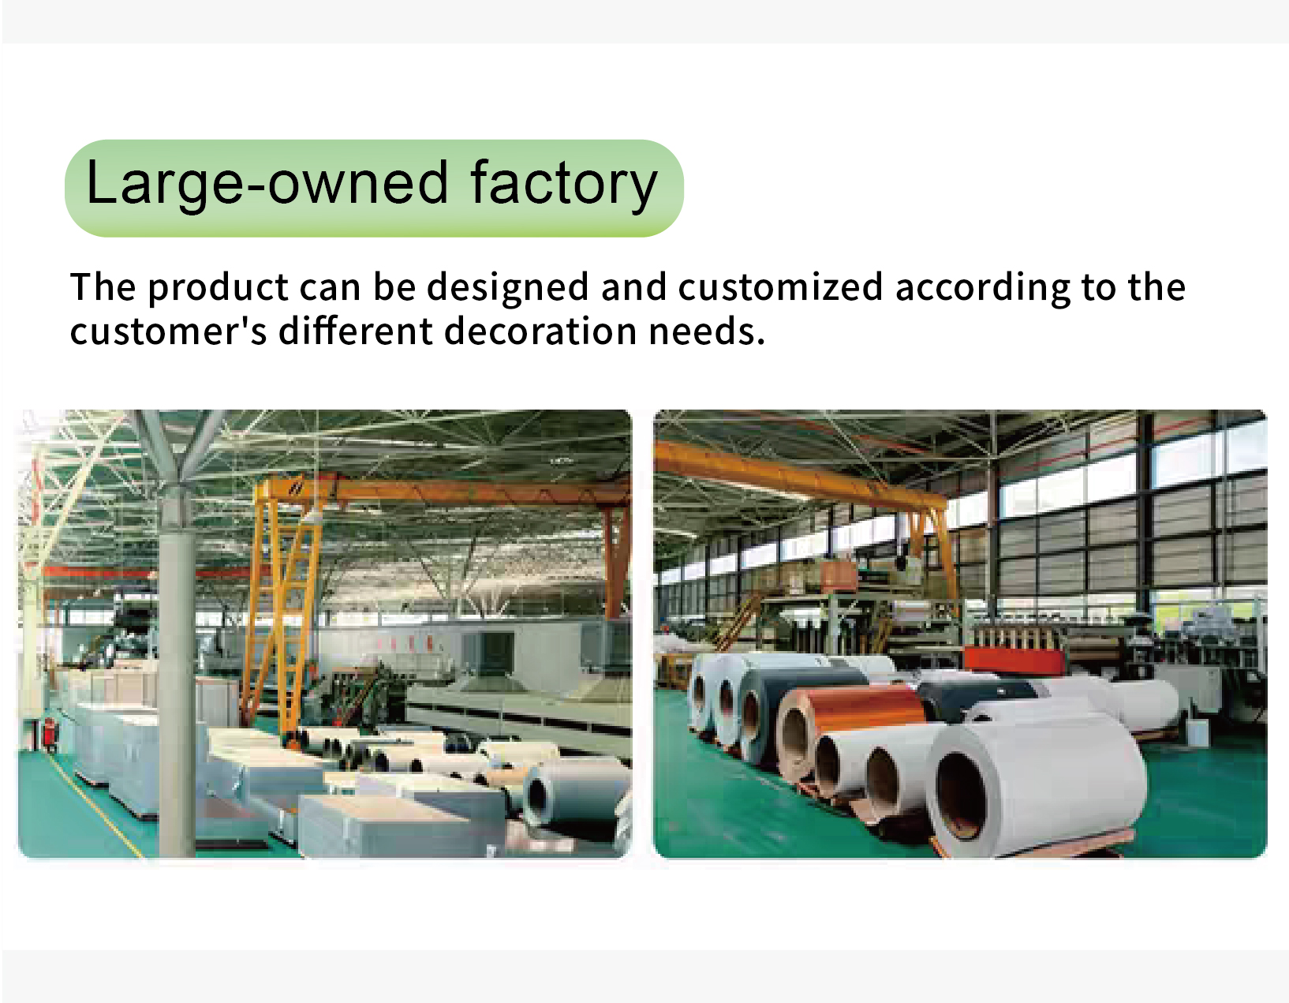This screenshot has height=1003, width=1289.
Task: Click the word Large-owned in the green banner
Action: [267, 185]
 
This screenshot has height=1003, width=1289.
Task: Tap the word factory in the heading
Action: [564, 185]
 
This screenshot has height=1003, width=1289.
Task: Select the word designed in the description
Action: [508, 289]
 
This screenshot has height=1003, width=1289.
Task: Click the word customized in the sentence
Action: [781, 287]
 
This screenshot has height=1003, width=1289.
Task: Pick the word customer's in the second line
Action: [169, 331]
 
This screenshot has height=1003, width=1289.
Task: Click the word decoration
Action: [540, 331]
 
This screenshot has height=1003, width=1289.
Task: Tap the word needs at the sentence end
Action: [707, 331]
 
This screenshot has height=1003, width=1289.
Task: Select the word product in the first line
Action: [219, 289]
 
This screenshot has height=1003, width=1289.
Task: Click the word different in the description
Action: [356, 331]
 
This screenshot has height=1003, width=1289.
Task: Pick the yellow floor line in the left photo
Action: [95, 806]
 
